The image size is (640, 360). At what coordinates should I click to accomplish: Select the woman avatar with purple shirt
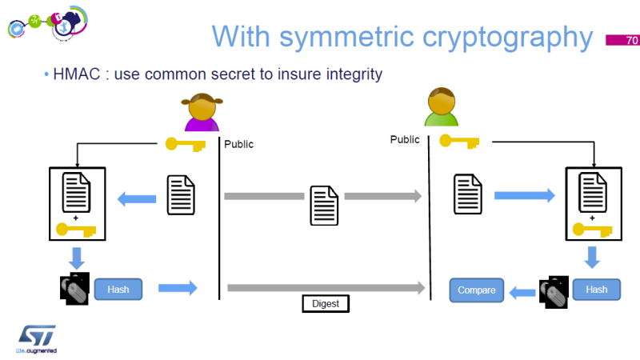[x=201, y=113]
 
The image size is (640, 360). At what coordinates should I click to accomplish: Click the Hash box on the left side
[x=118, y=289]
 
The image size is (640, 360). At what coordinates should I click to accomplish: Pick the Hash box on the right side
[x=596, y=290]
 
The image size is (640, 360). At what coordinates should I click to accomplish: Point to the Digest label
[x=326, y=304]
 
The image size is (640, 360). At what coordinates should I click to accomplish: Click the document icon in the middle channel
[x=323, y=205]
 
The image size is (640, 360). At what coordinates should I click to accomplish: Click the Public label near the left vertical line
[x=238, y=145]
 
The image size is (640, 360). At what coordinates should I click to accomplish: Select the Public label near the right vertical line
[x=405, y=139]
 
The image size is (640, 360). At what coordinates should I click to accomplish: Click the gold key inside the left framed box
[x=76, y=230]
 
